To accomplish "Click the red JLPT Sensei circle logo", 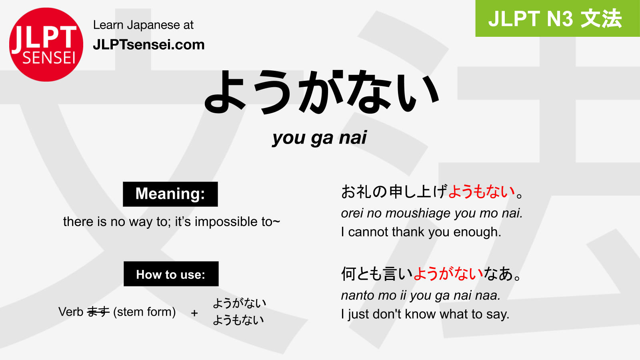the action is (x=46, y=44).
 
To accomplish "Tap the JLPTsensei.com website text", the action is (x=149, y=45).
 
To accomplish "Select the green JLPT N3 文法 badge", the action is (x=558, y=18).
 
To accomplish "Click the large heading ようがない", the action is (x=322, y=92).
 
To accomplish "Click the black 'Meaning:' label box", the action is (x=170, y=194).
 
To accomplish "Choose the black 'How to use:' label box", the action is (x=171, y=274).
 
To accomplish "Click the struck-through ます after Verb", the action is (x=98, y=312).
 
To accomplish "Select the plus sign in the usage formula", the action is (x=194, y=313).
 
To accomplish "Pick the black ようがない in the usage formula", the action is (x=240, y=303).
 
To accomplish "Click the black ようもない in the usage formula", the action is (x=238, y=320).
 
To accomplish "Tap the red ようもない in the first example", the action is (x=482, y=192).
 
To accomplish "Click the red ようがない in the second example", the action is (x=448, y=274).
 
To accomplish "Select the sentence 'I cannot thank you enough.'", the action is (x=421, y=232).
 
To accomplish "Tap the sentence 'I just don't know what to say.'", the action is (x=425, y=314).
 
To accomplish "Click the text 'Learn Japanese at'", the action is (x=144, y=25).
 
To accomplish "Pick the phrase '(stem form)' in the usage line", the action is (x=144, y=312).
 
